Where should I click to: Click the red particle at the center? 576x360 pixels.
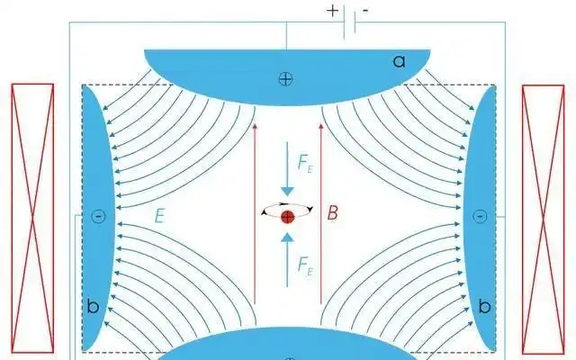pos(287,217)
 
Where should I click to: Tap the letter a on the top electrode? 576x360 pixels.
pos(400,61)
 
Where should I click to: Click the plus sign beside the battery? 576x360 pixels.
pos(333,12)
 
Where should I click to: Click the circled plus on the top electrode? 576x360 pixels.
pos(285,79)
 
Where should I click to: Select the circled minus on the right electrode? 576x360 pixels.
pos(479,216)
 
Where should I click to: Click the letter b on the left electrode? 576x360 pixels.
pos(93,307)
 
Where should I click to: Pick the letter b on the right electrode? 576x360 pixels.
pos(484,307)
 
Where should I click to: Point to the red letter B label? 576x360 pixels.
pos(332,214)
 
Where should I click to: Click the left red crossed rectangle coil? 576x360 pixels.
pos(32,216)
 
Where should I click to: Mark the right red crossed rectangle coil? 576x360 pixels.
pos(543,216)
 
